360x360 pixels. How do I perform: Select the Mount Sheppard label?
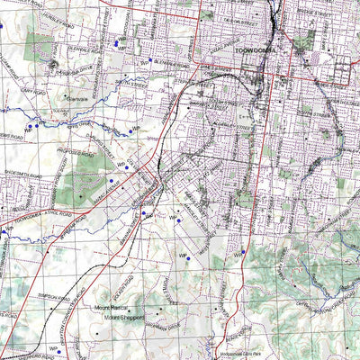124,317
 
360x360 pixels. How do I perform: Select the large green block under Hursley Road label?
39,45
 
